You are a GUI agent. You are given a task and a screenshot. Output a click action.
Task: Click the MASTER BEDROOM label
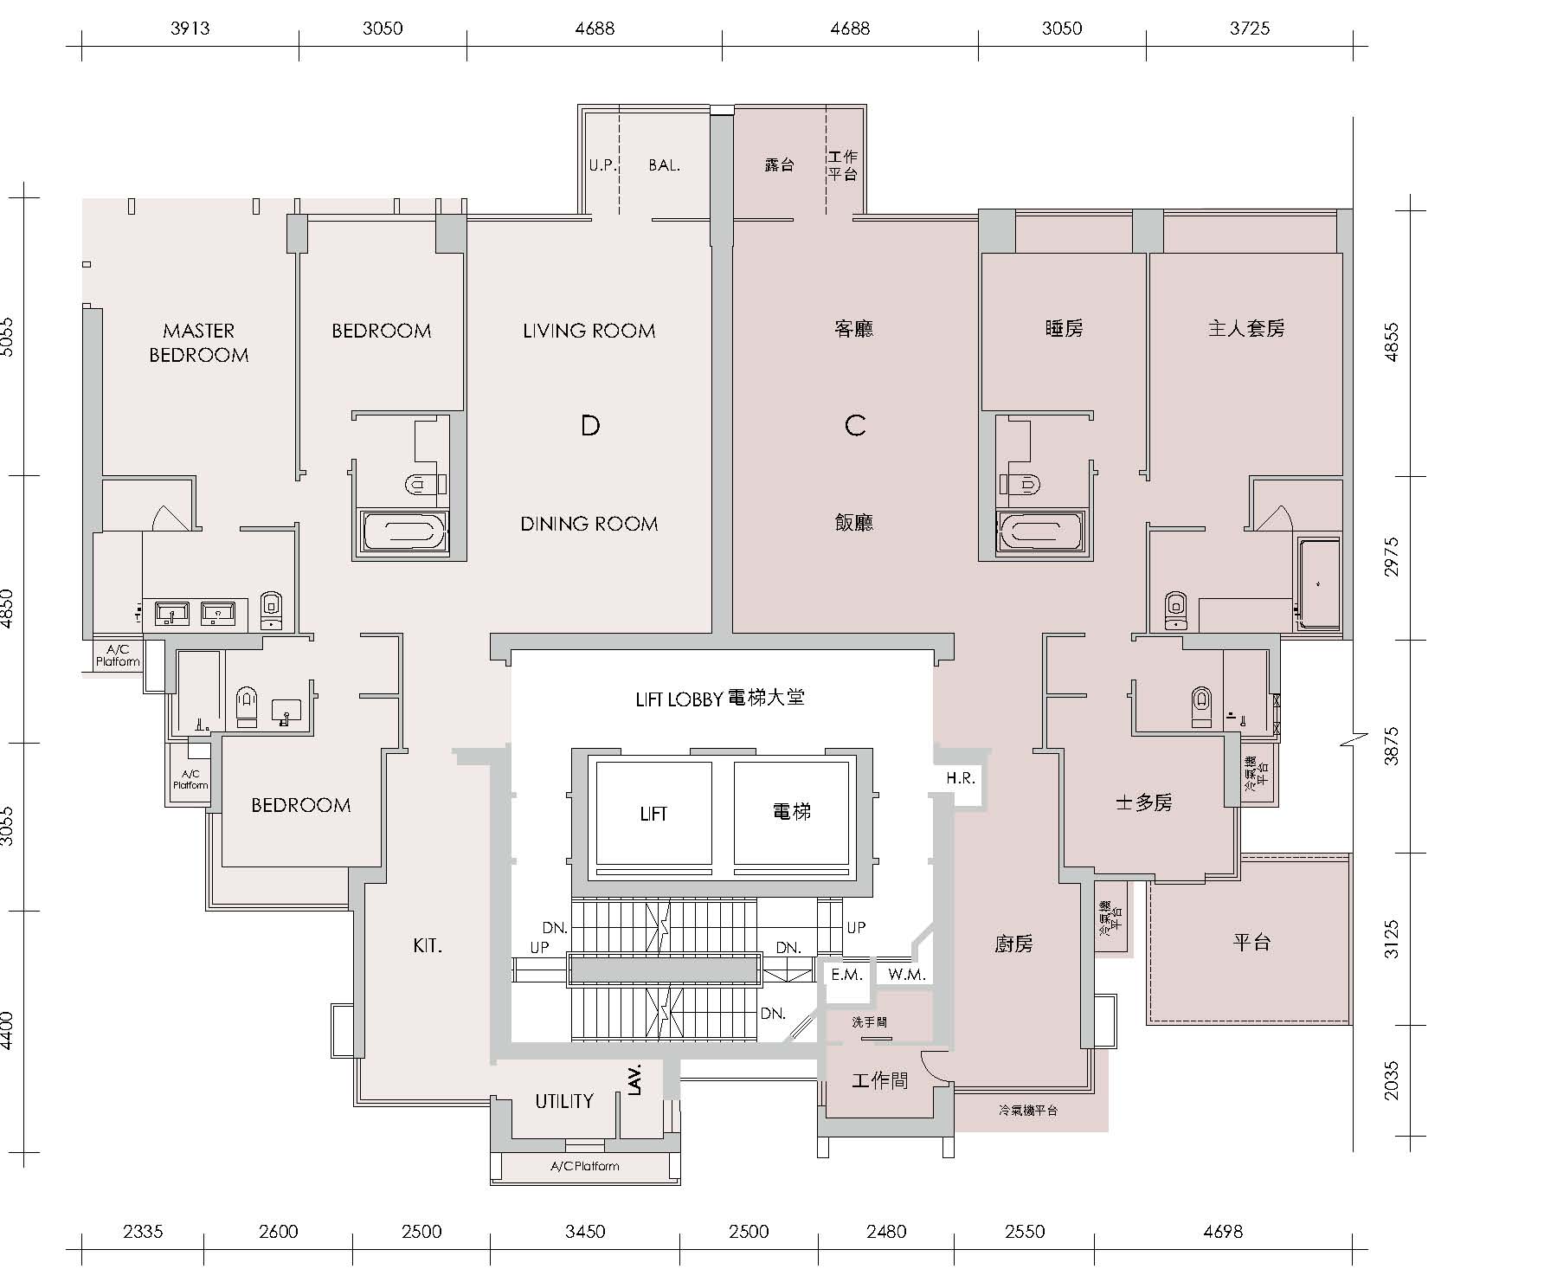tap(199, 343)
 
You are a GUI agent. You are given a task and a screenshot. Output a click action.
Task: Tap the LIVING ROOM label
tap(589, 331)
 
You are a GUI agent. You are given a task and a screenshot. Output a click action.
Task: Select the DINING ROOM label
tap(589, 524)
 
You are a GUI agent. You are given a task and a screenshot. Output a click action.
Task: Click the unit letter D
tap(590, 426)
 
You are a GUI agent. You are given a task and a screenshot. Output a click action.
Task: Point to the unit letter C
tap(855, 425)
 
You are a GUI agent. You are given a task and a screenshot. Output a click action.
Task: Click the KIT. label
tap(428, 946)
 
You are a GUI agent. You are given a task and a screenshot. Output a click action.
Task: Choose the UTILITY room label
tap(564, 1101)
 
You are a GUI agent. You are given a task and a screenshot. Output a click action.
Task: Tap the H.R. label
tap(961, 778)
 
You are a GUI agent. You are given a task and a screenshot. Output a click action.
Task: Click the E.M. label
tap(846, 975)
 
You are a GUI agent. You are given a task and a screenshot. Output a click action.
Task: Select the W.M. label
tap(907, 975)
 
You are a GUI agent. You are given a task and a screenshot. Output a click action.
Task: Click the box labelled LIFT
tap(653, 814)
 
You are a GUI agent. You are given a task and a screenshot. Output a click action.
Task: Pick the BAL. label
tap(665, 164)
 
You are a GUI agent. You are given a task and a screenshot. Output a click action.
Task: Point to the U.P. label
tap(603, 164)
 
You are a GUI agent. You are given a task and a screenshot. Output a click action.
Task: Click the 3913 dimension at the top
tap(190, 29)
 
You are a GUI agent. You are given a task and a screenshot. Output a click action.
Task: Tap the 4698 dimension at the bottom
tap(1223, 1231)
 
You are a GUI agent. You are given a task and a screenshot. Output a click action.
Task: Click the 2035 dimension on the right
tap(1391, 1080)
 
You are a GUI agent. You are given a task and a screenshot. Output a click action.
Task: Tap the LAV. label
tap(634, 1079)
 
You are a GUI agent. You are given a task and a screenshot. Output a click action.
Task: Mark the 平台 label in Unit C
tap(1251, 942)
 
